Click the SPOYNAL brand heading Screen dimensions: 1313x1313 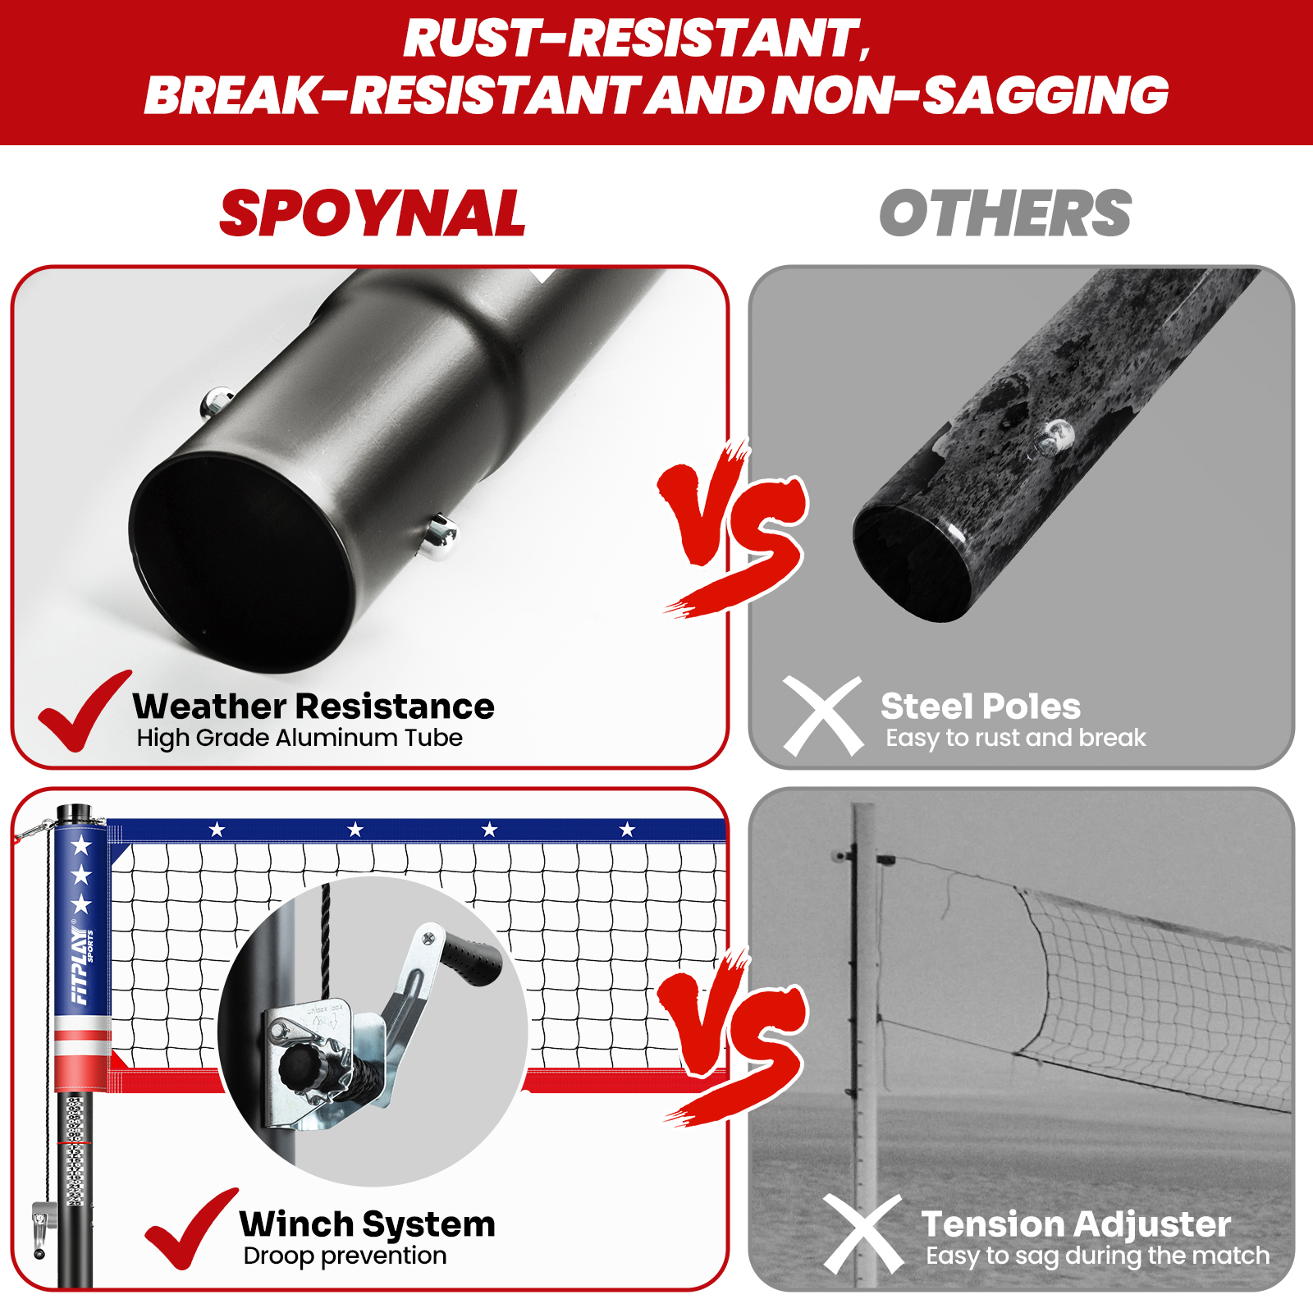click(x=373, y=213)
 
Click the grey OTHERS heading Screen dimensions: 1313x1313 click(x=1005, y=213)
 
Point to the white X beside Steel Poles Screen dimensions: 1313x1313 click(x=822, y=716)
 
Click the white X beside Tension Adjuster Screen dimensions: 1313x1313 click(x=863, y=1233)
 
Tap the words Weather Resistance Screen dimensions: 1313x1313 click(x=313, y=707)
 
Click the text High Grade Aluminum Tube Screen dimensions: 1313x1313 click(x=300, y=738)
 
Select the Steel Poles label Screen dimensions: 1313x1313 click(x=981, y=707)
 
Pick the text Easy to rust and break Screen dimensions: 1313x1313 click(x=1015, y=738)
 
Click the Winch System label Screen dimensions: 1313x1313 click(x=368, y=1224)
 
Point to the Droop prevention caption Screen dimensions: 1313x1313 click(x=345, y=1256)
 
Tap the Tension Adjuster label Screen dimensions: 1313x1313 click(x=1076, y=1224)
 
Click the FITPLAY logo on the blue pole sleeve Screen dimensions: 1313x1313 click(x=81, y=965)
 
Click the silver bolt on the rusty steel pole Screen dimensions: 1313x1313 click(x=1056, y=435)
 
